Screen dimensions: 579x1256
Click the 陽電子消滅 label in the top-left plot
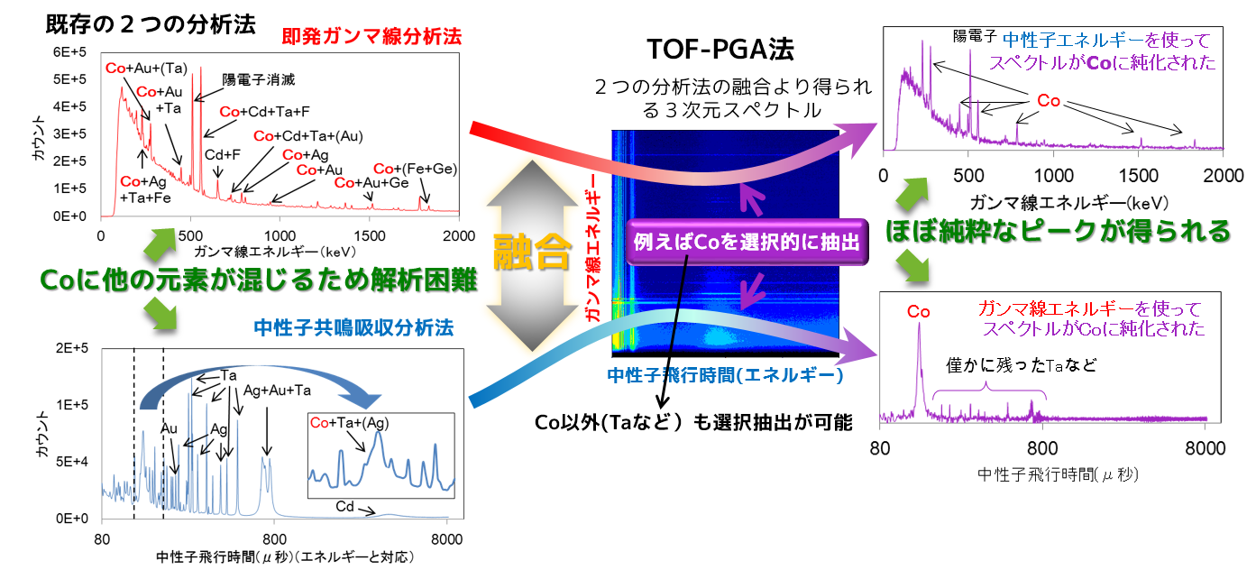click(259, 79)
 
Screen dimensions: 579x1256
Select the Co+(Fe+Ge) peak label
click(413, 170)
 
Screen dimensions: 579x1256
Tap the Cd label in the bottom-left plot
click(344, 507)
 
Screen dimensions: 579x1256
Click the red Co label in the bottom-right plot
click(919, 311)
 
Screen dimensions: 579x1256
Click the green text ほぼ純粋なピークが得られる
click(1058, 232)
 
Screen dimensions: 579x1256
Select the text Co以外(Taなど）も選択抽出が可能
click(693, 420)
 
